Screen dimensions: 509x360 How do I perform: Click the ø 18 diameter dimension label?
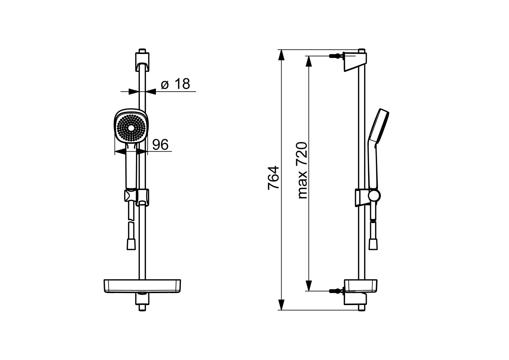click(175, 84)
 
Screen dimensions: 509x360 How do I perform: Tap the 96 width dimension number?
click(161, 144)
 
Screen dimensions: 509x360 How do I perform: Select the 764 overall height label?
click(273, 178)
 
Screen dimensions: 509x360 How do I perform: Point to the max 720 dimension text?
click(302, 170)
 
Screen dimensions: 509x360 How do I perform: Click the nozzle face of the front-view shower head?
click(131, 128)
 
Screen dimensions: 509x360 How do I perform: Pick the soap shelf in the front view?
click(142, 286)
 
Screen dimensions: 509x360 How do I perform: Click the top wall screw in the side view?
click(335, 56)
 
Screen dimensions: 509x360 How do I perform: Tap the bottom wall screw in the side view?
click(335, 291)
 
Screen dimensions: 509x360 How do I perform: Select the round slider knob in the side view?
click(374, 195)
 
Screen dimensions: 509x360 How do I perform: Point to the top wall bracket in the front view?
click(142, 61)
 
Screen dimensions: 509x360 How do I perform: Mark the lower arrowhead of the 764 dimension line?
click(281, 305)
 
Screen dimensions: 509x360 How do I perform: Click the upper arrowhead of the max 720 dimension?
click(308, 61)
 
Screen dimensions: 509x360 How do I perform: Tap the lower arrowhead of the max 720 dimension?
click(308, 285)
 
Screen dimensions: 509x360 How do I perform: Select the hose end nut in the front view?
click(131, 245)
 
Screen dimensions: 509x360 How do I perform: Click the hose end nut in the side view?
click(373, 245)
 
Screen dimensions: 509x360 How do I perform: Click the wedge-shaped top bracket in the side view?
click(355, 62)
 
